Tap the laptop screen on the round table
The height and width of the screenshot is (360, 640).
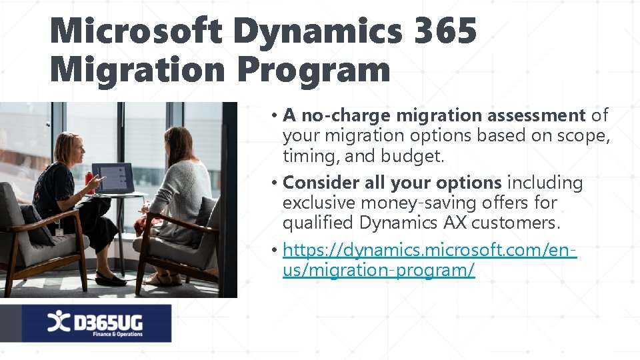click(x=113, y=178)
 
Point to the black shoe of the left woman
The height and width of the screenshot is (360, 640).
click(x=109, y=279)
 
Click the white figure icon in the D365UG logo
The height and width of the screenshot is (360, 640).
click(x=57, y=323)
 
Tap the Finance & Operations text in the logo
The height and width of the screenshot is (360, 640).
click(x=117, y=334)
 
